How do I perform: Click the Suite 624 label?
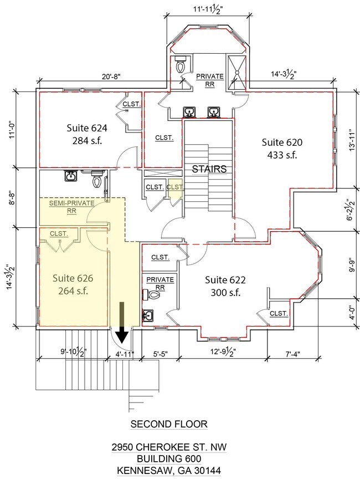click(x=87, y=134)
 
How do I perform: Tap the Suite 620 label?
click(x=282, y=149)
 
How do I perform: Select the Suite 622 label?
click(x=225, y=286)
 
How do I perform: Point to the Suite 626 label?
click(x=73, y=284)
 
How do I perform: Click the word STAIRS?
click(x=209, y=169)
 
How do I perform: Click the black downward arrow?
click(x=122, y=322)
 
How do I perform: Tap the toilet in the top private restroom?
click(x=181, y=65)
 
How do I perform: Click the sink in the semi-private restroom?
click(x=71, y=176)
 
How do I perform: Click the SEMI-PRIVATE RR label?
click(x=72, y=207)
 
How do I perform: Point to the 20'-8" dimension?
click(x=111, y=77)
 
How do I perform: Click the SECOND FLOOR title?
click(x=169, y=424)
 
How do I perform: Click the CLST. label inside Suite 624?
click(x=132, y=104)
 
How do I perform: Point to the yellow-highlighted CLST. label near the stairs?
click(x=175, y=187)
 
